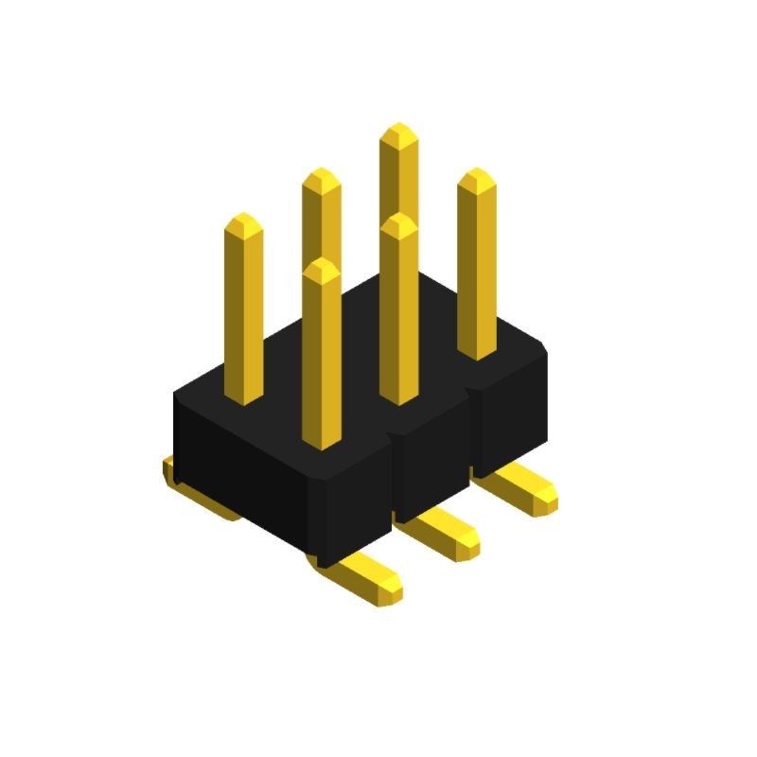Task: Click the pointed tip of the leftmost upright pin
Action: (244, 220)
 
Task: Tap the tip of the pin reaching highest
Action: (398, 130)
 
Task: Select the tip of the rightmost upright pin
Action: (477, 175)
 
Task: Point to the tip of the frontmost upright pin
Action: (322, 265)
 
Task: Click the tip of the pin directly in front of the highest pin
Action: (399, 220)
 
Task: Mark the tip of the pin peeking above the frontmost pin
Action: (322, 174)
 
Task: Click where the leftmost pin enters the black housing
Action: (244, 397)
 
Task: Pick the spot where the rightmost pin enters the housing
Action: (477, 352)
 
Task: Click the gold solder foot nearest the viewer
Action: (369, 579)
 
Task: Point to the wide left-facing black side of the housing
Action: (246, 473)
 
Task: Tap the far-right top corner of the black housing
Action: (545, 350)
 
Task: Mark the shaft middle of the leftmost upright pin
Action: (244, 312)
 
